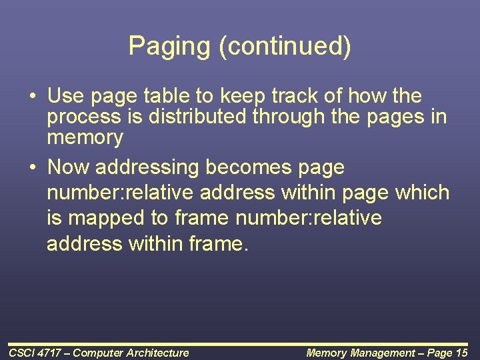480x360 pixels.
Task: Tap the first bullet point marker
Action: [32, 97]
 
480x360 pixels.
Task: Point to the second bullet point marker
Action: [32, 167]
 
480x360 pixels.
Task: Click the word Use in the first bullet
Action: [65, 96]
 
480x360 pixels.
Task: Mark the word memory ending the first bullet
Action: [85, 139]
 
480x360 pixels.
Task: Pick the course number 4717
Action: [51, 353]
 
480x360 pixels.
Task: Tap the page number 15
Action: [461, 353]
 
